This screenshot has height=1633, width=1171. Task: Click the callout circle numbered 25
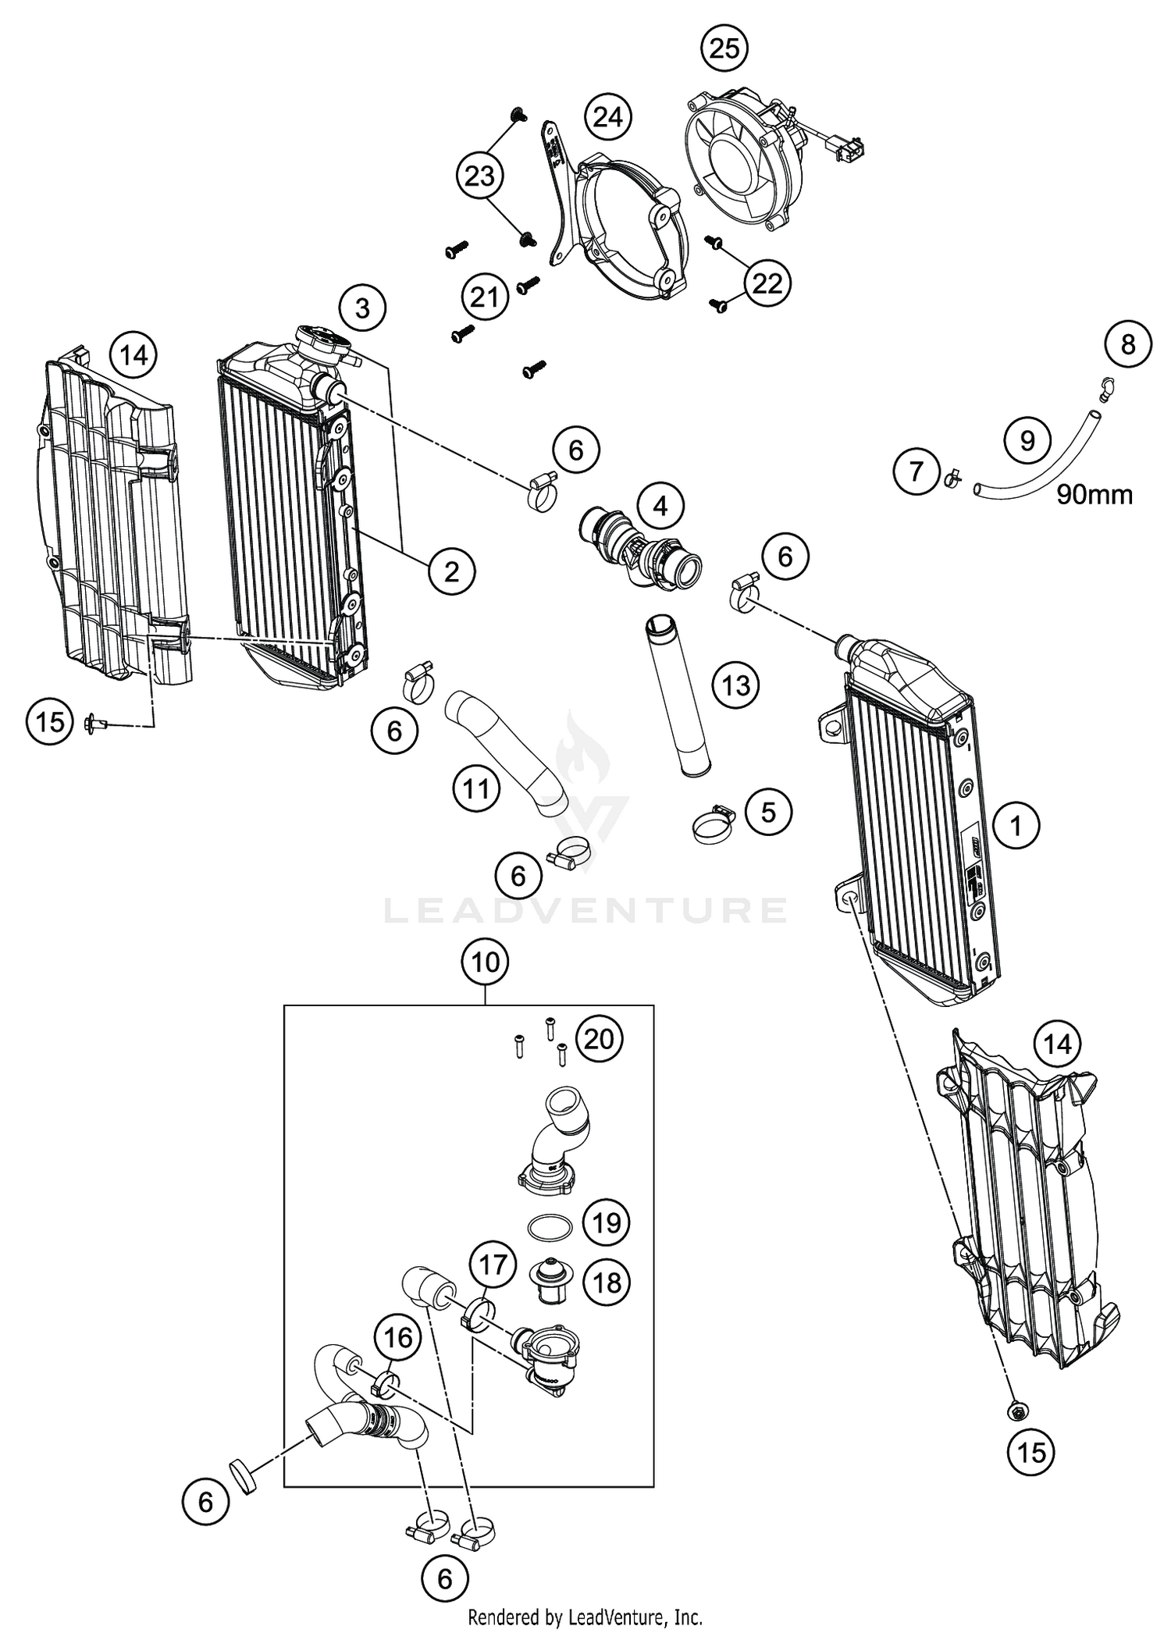(724, 48)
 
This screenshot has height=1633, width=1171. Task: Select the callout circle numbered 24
(608, 117)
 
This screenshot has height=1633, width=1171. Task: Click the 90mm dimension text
(1094, 494)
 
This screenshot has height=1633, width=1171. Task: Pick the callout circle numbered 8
(1127, 343)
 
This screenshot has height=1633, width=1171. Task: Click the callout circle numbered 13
(735, 685)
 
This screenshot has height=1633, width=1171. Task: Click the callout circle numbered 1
(1016, 825)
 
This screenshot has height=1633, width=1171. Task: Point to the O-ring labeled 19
(549, 1226)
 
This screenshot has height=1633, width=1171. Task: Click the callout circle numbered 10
(485, 962)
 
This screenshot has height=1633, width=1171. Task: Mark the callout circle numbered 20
(600, 1040)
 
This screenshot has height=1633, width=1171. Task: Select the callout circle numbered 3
(362, 308)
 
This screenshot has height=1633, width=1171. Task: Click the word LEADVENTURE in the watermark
(585, 910)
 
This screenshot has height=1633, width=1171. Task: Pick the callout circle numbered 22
(767, 283)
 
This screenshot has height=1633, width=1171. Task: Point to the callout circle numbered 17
(493, 1263)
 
